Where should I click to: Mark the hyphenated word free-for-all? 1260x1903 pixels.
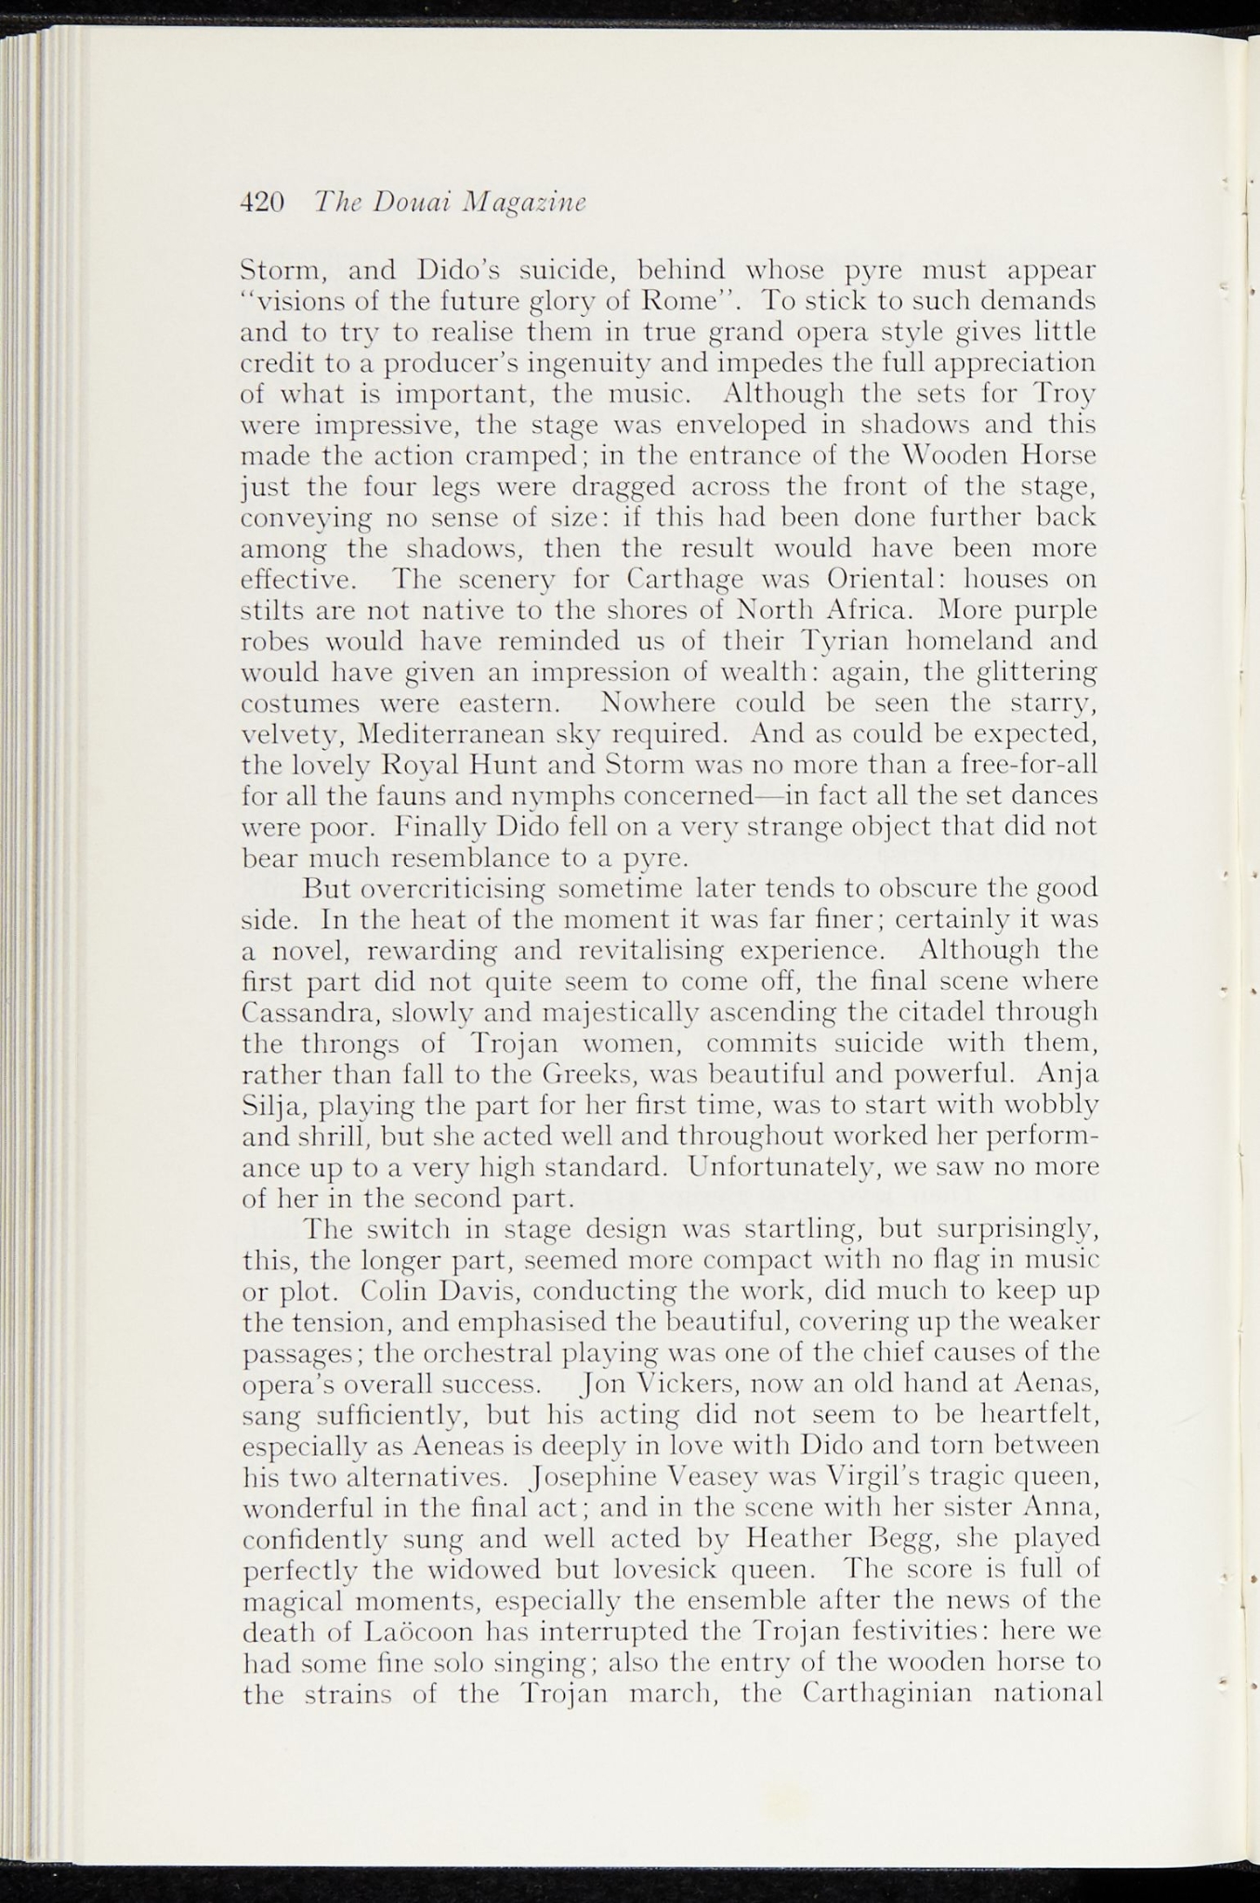[x=1019, y=765]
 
